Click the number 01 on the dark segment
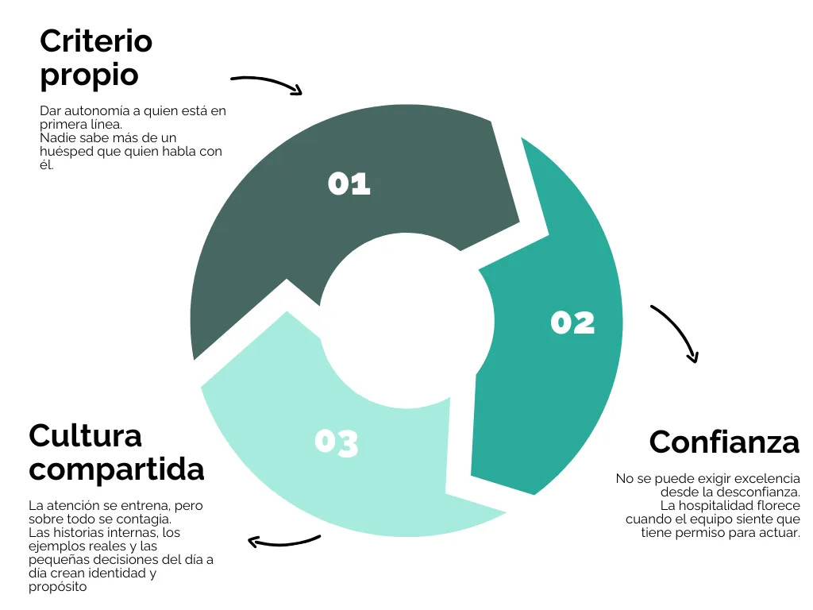tap(349, 184)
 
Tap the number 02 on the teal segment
tap(572, 322)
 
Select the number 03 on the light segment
tap(337, 442)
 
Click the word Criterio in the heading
tap(96, 41)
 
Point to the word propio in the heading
tap(89, 76)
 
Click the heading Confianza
tap(724, 442)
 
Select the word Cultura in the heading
tap(85, 435)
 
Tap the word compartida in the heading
tap(116, 469)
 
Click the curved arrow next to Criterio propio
tap(267, 83)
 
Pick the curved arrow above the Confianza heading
tap(676, 333)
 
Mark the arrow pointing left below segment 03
tap(283, 542)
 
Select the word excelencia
tap(769, 479)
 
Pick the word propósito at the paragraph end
tap(57, 587)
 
